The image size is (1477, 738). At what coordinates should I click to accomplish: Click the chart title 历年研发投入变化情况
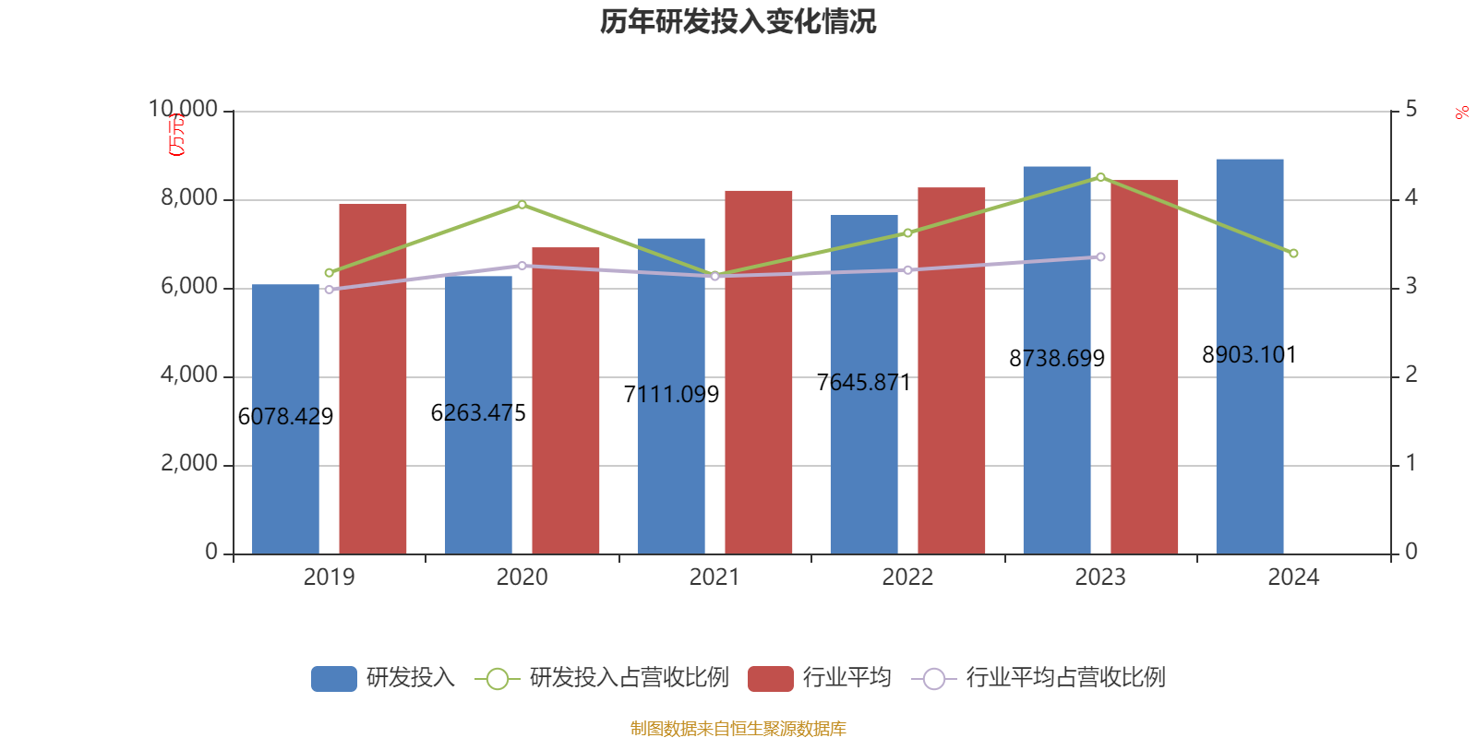[738, 21]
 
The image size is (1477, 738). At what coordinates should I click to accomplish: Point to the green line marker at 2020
[522, 205]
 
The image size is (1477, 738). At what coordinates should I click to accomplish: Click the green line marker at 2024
[1293, 253]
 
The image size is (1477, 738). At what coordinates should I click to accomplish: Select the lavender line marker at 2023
[1100, 256]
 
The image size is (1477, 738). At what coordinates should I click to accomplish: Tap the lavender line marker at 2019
[330, 290]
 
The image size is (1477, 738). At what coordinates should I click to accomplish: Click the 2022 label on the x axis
[907, 577]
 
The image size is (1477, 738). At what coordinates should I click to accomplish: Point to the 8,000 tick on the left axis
[189, 198]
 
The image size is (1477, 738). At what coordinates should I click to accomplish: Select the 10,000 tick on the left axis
[184, 110]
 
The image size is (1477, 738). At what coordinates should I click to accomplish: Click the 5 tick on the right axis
[1411, 110]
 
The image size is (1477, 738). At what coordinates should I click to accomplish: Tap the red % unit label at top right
[1461, 113]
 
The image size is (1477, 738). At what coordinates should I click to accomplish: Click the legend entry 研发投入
[383, 678]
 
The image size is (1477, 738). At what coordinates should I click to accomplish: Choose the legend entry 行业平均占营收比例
[1039, 678]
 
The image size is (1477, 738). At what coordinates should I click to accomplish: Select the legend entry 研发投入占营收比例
[602, 678]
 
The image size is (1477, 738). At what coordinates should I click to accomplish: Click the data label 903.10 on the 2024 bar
[1250, 355]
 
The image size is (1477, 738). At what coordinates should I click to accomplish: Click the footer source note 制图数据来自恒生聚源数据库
[738, 729]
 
